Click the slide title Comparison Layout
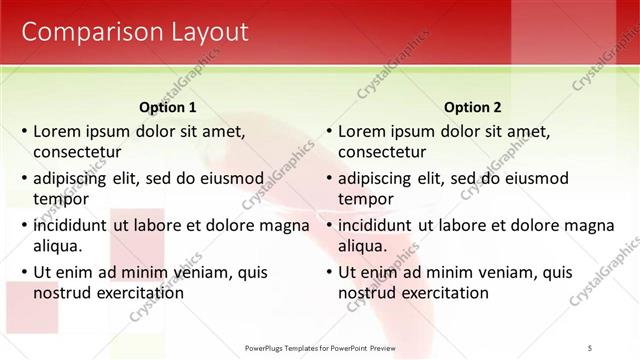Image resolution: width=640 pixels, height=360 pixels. pos(135,32)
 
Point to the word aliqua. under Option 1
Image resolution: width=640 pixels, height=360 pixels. pos(58,246)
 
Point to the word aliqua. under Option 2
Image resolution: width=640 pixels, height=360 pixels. pos(363,246)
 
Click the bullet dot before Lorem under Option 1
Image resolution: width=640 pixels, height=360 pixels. pos(23,132)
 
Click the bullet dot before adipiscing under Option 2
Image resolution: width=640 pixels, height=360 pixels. pos(328,179)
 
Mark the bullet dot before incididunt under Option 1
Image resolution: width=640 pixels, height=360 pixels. pos(23,226)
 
